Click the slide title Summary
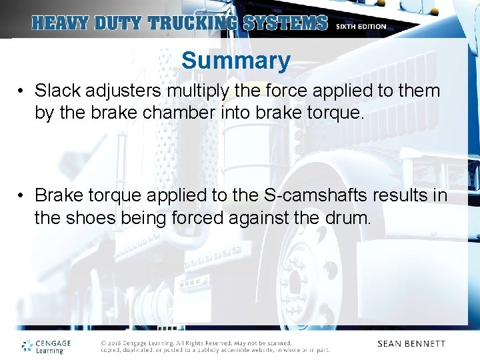(x=235, y=61)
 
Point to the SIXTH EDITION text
(x=361, y=27)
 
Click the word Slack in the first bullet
(x=54, y=90)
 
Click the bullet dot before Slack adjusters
(x=22, y=91)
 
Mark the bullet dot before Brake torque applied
(x=22, y=196)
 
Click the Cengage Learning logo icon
(x=27, y=345)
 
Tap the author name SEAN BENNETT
(x=411, y=344)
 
